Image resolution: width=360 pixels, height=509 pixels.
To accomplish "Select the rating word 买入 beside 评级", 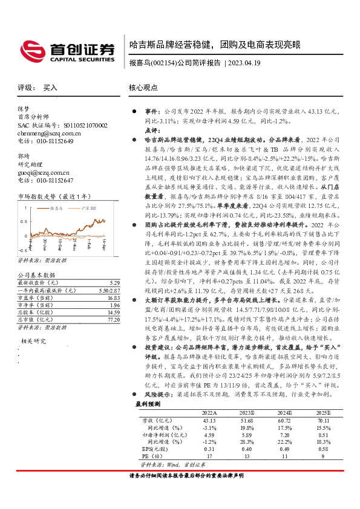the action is point(50,88).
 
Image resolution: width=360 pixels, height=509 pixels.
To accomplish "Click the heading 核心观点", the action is point(143,88).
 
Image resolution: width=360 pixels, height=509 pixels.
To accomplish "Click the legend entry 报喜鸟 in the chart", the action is point(56,207).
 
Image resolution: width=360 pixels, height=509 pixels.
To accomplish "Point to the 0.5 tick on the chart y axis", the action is point(23,221).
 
